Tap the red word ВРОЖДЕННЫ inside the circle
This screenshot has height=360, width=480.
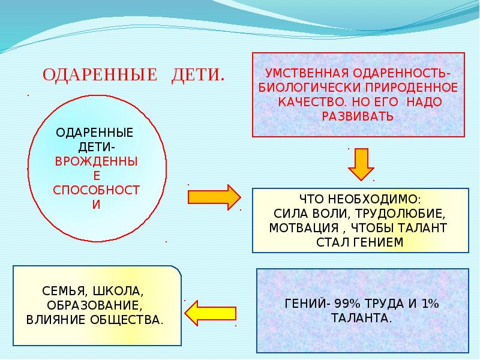point(95,161)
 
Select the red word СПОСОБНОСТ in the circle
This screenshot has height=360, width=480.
point(95,190)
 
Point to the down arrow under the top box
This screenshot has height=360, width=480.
point(360,164)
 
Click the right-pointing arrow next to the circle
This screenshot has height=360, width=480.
point(214,196)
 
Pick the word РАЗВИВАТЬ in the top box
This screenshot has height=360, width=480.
point(358,116)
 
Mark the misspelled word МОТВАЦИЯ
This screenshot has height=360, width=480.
point(299,229)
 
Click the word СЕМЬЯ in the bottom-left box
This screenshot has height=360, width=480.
point(64,291)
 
